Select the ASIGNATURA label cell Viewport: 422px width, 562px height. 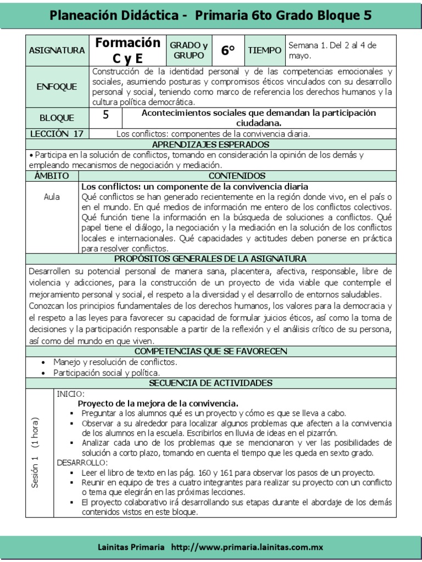coord(57,50)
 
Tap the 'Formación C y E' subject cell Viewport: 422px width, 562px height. coord(127,50)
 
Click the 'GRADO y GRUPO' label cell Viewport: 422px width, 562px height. coord(188,50)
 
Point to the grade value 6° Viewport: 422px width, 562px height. coord(227,50)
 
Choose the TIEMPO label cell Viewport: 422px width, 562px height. coord(264,50)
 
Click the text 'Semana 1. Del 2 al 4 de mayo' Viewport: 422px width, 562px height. coord(332,50)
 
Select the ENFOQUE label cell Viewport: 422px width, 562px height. coord(57,87)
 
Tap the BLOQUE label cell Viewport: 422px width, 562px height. coord(57,117)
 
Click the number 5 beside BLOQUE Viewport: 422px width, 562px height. coord(105,115)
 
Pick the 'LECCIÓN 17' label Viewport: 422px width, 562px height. coord(57,133)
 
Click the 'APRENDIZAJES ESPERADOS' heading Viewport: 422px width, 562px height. coord(210,144)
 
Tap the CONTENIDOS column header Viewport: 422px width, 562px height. coord(237,176)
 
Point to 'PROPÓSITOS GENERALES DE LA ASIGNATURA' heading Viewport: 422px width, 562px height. coord(210,258)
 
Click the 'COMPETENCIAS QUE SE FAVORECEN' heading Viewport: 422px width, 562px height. coord(210,351)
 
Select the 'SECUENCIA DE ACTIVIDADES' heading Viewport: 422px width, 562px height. coord(210,383)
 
